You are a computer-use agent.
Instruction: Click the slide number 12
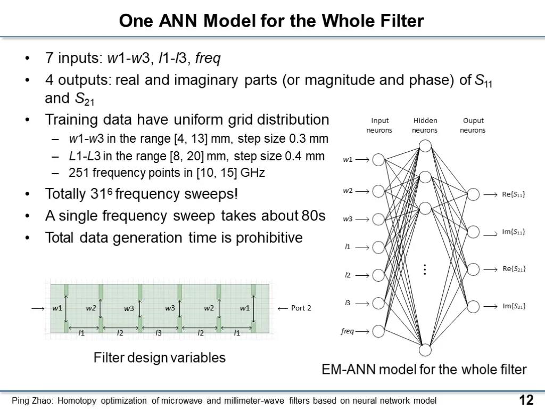click(526, 400)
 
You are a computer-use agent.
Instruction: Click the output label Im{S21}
click(514, 306)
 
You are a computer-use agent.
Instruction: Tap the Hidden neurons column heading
click(425, 125)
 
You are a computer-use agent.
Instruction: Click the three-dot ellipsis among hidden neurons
click(425, 269)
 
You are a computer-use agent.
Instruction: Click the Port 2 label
click(301, 308)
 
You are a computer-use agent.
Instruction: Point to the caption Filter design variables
click(160, 357)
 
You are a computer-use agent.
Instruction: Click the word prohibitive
click(269, 238)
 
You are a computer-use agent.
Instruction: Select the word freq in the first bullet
click(208, 58)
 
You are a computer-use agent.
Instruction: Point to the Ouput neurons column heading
click(473, 125)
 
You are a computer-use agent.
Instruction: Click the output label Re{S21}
click(514, 269)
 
